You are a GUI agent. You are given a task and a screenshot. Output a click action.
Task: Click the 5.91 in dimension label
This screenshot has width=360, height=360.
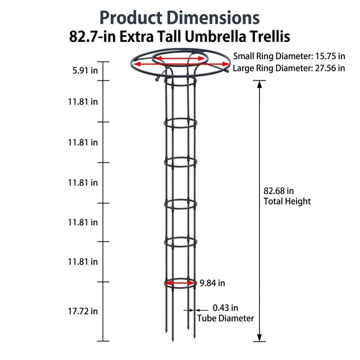pyautogui.click(x=85, y=71)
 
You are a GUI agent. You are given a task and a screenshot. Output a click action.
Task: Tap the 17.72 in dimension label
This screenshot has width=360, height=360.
pyautogui.click(x=83, y=311)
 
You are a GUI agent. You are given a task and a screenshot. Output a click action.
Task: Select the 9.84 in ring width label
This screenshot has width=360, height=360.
pyautogui.click(x=212, y=283)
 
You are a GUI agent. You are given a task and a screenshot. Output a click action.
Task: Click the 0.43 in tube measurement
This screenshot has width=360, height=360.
pyautogui.click(x=225, y=308)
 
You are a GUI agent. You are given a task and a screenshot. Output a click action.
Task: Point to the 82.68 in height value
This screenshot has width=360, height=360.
pyautogui.click(x=279, y=191)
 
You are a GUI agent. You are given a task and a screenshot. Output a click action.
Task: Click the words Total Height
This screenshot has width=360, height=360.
pyautogui.click(x=287, y=201)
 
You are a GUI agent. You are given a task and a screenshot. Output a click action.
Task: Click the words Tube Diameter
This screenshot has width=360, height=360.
pyautogui.click(x=225, y=319)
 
